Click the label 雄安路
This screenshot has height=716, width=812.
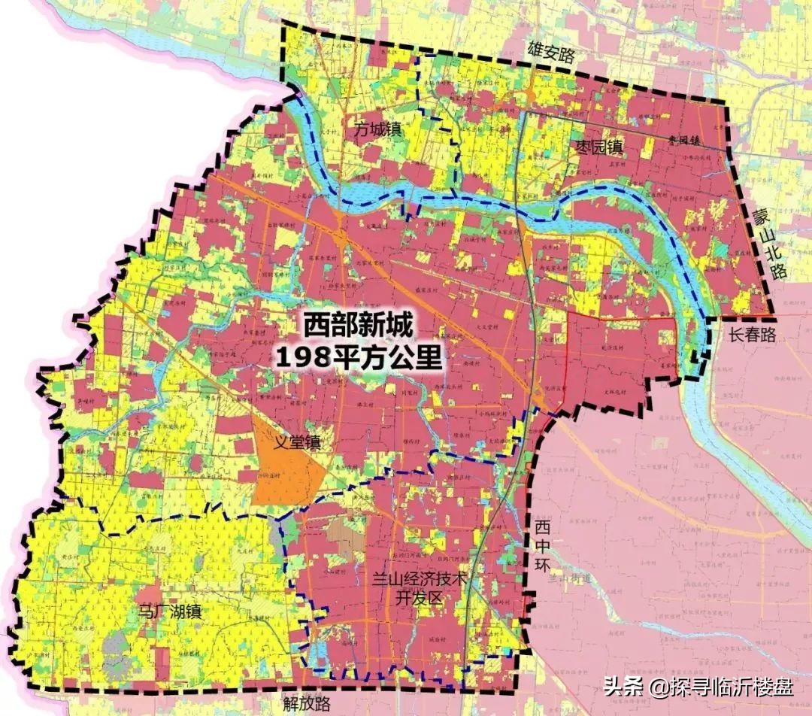pyautogui.click(x=550, y=54)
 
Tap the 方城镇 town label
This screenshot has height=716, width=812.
pyautogui.click(x=378, y=129)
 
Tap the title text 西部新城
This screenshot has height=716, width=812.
pyautogui.click(x=359, y=326)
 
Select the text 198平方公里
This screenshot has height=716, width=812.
pyautogui.click(x=359, y=356)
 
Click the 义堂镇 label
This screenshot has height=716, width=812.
pyautogui.click(x=296, y=442)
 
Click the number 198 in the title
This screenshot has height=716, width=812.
pyautogui.click(x=301, y=356)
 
